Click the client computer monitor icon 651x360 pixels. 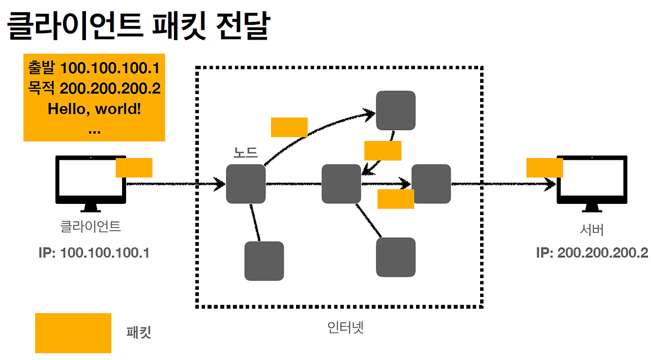[x=91, y=181]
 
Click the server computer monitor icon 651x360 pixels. [x=592, y=181]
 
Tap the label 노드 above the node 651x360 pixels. [x=246, y=153]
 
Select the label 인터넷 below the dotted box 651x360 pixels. [x=346, y=327]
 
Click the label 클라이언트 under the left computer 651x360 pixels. [x=91, y=226]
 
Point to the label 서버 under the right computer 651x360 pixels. [x=592, y=229]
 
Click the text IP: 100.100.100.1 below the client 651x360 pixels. [x=94, y=253]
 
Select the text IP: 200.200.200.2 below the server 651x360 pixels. [x=592, y=253]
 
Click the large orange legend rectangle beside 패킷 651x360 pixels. [x=73, y=333]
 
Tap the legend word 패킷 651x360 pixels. [x=139, y=333]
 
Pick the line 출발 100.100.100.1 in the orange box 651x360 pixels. [x=94, y=68]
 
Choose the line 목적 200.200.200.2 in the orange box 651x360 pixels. [x=94, y=88]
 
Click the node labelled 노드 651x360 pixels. [x=246, y=184]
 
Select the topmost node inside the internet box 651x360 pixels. [x=396, y=110]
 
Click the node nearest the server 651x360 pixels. [x=431, y=184]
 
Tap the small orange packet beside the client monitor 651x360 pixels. [x=134, y=167]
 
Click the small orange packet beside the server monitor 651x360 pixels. [x=544, y=167]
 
